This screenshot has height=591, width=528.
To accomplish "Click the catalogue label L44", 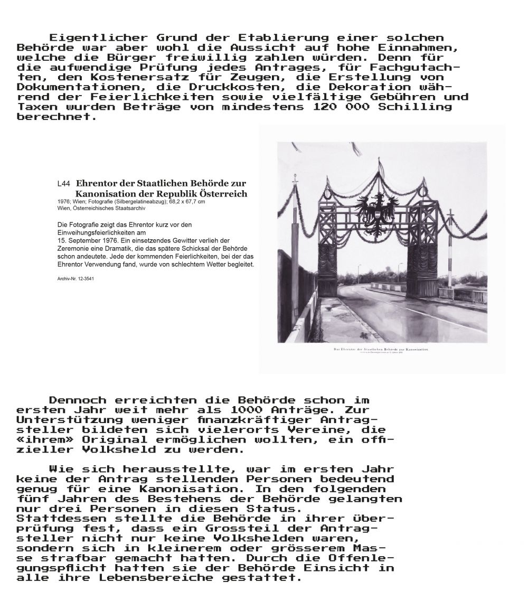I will tap(63, 184).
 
